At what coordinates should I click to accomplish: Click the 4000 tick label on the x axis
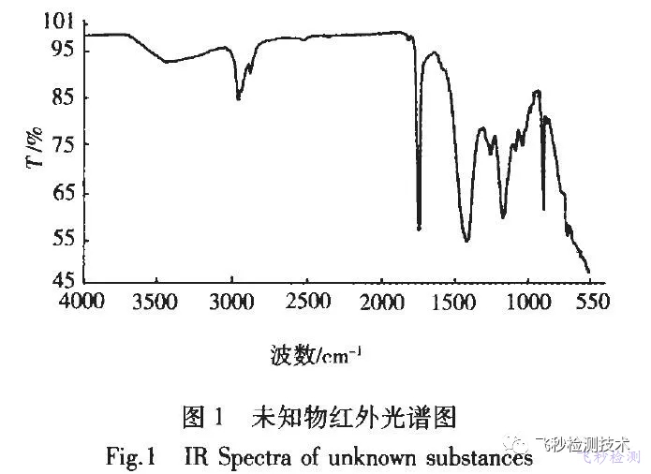(81, 302)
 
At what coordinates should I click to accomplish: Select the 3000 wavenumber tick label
(232, 302)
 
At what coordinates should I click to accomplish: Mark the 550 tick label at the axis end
(594, 302)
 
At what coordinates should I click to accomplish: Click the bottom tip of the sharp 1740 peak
(419, 228)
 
